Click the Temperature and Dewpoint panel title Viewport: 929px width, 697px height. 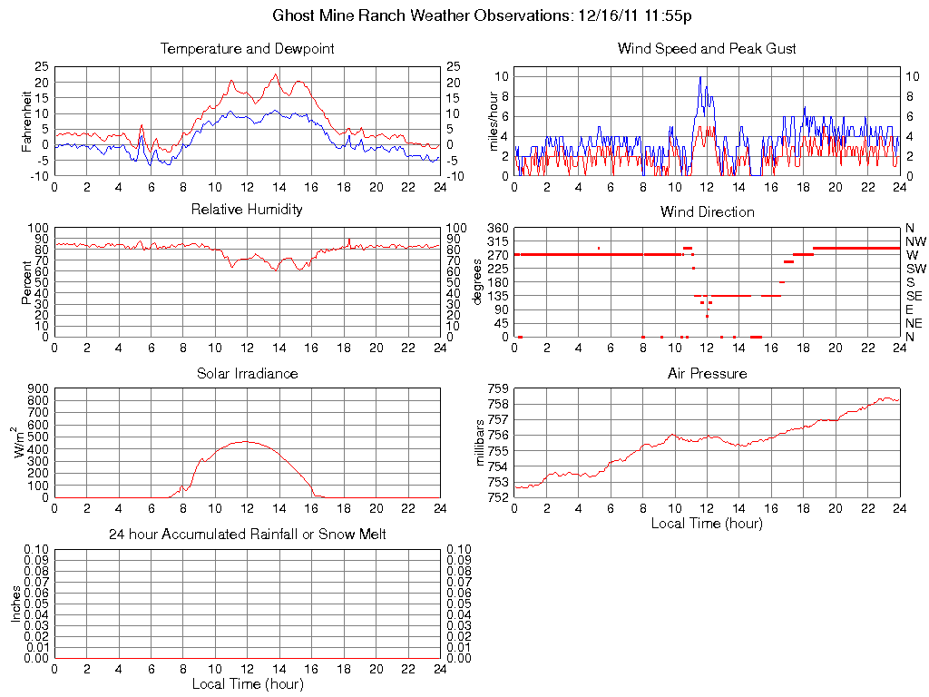click(x=247, y=48)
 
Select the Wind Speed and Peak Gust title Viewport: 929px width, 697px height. click(x=707, y=48)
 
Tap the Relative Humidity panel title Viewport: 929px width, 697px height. click(x=247, y=210)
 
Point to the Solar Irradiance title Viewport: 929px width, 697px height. click(x=247, y=373)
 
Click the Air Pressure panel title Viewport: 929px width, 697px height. click(x=707, y=373)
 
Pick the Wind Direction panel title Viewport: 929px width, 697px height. click(x=707, y=211)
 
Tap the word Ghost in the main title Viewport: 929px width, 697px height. click(x=295, y=15)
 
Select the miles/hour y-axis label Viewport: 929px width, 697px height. click(x=494, y=123)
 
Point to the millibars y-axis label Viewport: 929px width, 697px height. click(x=481, y=442)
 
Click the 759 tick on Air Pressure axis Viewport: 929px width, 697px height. click(x=497, y=388)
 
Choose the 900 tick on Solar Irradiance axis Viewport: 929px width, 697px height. click(x=36, y=388)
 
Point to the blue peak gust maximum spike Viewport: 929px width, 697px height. click(x=700, y=77)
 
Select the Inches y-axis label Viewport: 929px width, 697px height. click(x=16, y=603)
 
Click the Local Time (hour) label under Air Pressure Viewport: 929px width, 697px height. click(x=707, y=523)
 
